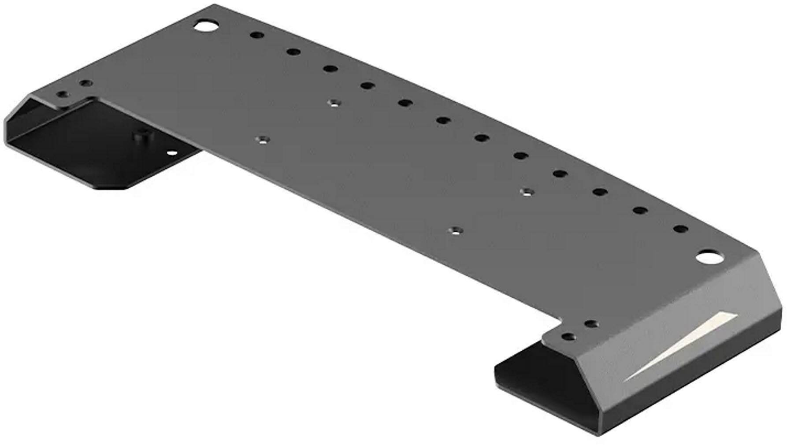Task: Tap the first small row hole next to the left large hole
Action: pos(256,34)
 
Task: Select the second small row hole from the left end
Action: pos(293,52)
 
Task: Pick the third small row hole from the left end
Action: pos(330,69)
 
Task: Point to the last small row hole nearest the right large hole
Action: pos(681,229)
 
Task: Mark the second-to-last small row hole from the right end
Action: pos(640,211)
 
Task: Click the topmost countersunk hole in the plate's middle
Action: pos(335,103)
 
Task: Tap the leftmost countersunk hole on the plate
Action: pos(264,140)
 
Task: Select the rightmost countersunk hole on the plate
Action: pos(527,192)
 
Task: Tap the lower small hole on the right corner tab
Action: pos(569,337)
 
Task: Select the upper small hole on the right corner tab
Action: pos(591,324)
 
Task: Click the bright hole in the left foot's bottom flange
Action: pos(172,153)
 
